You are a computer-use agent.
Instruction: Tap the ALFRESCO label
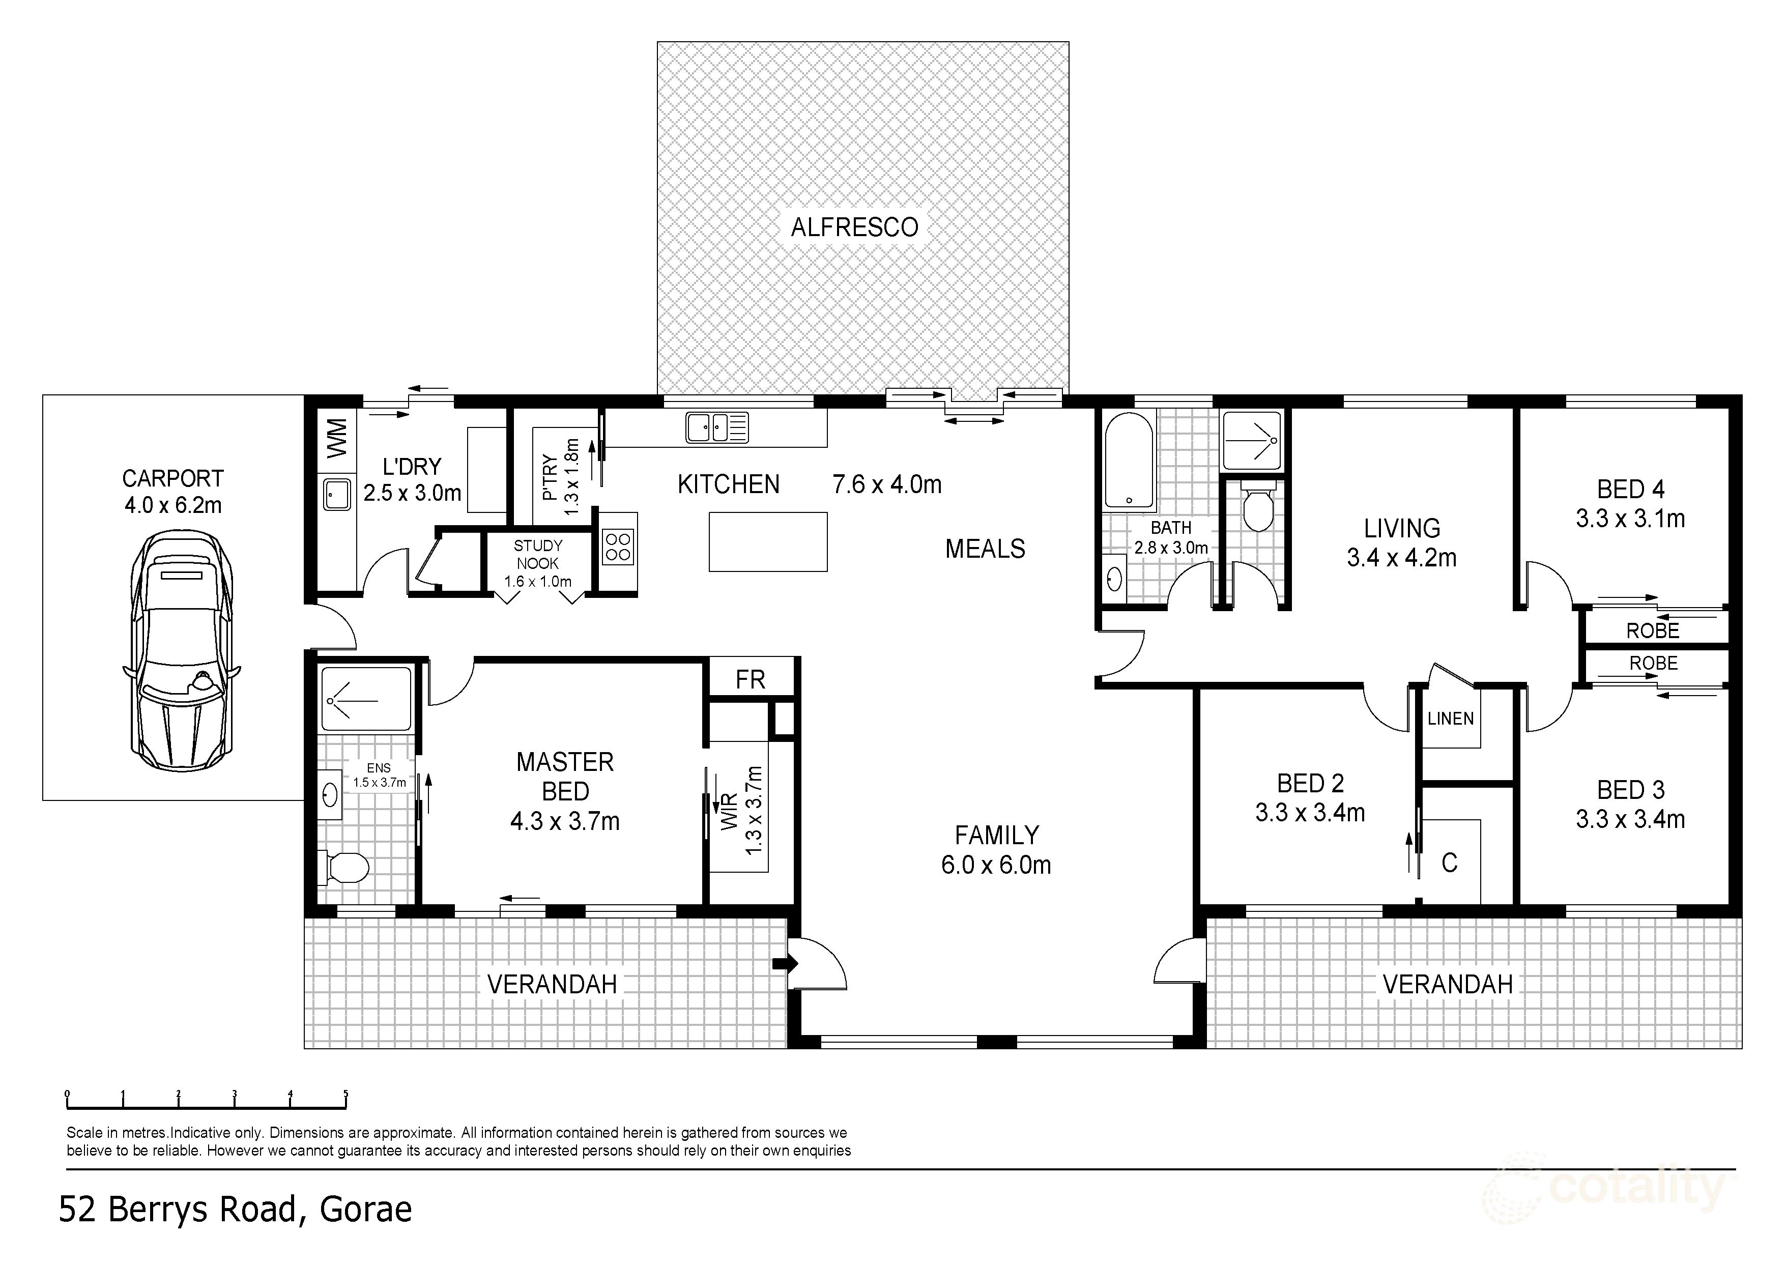pyautogui.click(x=854, y=227)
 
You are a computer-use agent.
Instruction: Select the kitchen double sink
pyautogui.click(x=716, y=428)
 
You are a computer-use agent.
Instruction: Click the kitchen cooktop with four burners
pyautogui.click(x=618, y=545)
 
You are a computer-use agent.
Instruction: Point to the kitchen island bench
pyautogui.click(x=768, y=541)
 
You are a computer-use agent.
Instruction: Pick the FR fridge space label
pyautogui.click(x=750, y=680)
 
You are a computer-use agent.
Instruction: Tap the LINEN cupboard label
pyautogui.click(x=1451, y=719)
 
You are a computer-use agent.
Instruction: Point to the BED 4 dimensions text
pyautogui.click(x=1630, y=519)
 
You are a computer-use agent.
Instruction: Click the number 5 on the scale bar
pyautogui.click(x=345, y=1094)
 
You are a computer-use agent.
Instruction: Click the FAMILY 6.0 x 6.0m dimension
pyautogui.click(x=996, y=865)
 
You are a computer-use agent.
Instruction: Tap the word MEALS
pyautogui.click(x=985, y=549)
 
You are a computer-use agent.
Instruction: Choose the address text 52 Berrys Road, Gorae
pyautogui.click(x=235, y=1210)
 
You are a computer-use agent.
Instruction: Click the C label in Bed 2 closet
pyautogui.click(x=1449, y=863)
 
